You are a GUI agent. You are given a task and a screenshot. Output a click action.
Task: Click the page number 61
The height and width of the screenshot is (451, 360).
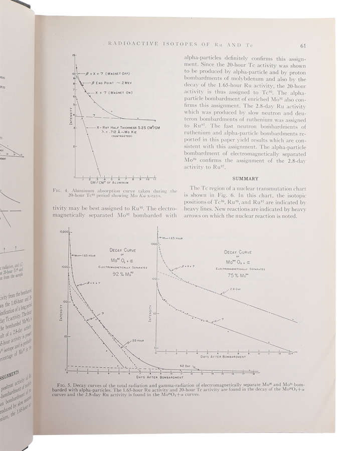(x=303, y=46)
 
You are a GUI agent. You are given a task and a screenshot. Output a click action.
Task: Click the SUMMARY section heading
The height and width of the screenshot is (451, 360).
(x=245, y=178)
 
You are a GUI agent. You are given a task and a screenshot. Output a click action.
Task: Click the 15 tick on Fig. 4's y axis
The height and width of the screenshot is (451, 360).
(x=73, y=55)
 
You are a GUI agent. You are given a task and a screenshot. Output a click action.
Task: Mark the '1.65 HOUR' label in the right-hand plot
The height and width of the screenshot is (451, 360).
(x=175, y=238)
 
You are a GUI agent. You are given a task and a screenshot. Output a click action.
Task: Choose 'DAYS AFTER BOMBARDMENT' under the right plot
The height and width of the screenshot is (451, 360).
(x=223, y=357)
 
